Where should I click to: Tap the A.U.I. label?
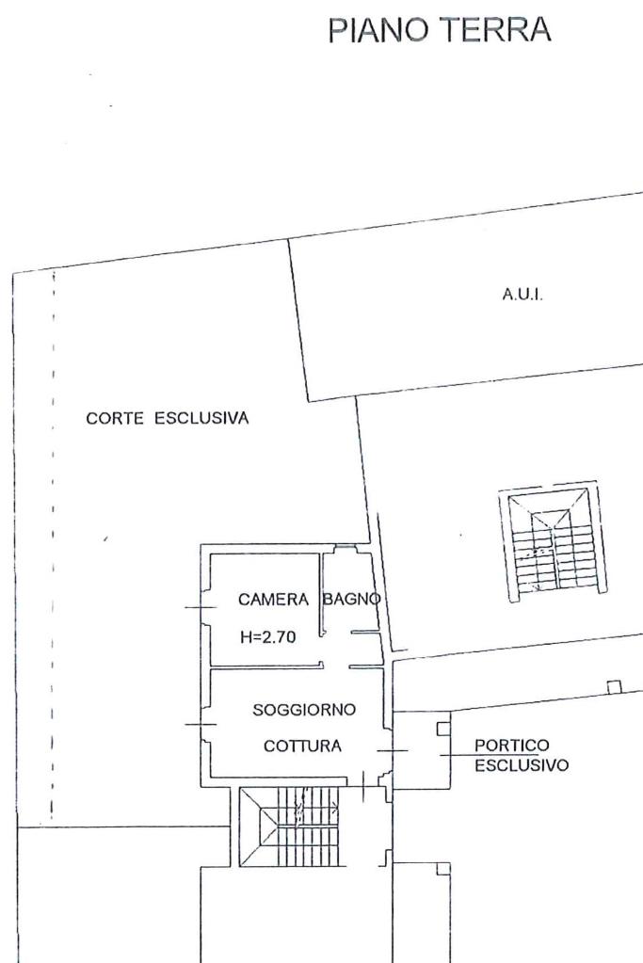coord(522,295)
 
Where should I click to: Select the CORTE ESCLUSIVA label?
coord(168,419)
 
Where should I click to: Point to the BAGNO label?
coord(352,599)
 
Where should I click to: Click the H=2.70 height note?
coord(268,636)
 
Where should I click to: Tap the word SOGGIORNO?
coord(304,710)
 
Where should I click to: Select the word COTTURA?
coord(302,746)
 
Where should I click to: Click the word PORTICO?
coord(512,746)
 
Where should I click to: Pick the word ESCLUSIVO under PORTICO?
coord(522,765)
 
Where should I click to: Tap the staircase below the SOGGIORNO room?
coord(293,827)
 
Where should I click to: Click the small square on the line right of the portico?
coord(615,686)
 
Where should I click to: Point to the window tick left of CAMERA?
coord(201,607)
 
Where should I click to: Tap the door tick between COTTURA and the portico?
coord(392,750)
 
